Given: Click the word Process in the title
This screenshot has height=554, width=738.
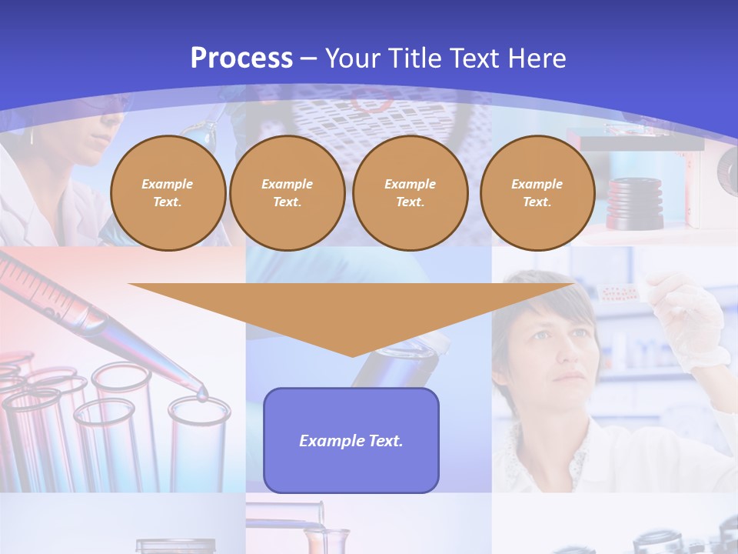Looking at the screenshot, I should click(x=241, y=58).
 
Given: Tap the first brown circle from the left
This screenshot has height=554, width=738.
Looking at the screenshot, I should click(x=168, y=192).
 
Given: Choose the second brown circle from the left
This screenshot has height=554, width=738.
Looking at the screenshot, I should click(x=287, y=192).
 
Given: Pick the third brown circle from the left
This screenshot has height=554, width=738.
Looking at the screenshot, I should click(x=410, y=192).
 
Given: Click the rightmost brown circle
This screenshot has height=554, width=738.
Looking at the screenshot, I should click(x=537, y=192).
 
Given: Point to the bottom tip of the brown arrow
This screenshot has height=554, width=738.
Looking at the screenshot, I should click(x=352, y=355).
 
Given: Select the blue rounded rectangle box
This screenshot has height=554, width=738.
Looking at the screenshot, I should click(x=351, y=469).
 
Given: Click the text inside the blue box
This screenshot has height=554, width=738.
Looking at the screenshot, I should click(x=351, y=441).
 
